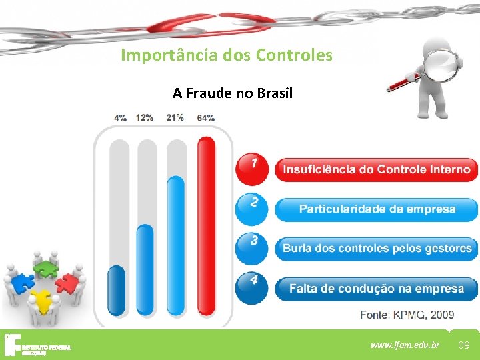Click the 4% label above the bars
tap(121, 117)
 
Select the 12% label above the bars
tap(145, 117)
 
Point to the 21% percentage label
tap(175, 117)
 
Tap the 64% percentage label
tap(206, 117)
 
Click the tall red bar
tap(207, 227)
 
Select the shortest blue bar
tap(117, 290)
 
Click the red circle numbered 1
tap(251, 167)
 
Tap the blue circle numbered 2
tap(251, 207)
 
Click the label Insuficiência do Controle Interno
tap(377, 169)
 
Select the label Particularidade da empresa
tap(377, 209)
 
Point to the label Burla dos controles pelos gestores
tap(377, 249)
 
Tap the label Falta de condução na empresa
tap(377, 289)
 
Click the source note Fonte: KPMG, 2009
tap(407, 315)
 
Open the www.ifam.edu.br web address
tap(405, 345)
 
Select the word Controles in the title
tap(294, 55)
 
